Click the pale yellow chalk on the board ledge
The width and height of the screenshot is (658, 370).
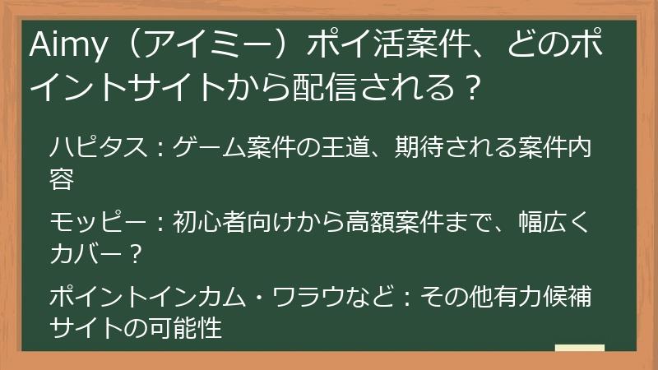point(579,348)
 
